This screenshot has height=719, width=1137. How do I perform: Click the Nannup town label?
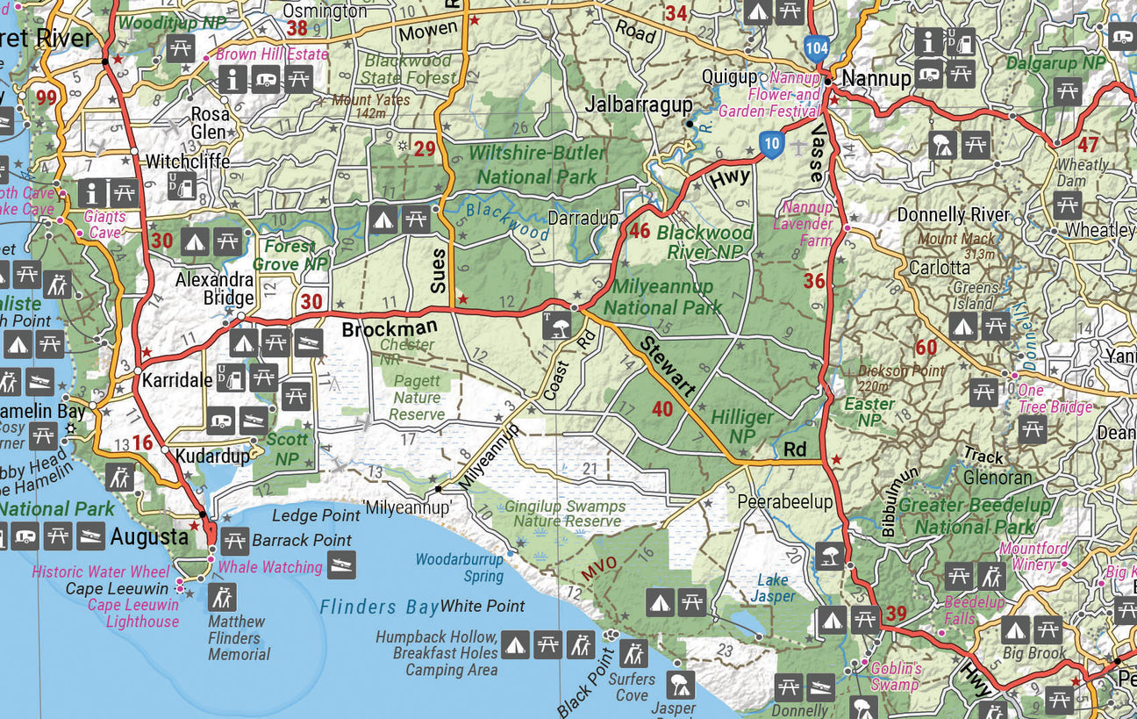coord(876,79)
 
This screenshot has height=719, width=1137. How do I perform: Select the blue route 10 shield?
coord(771,145)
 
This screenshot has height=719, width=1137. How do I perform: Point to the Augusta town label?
coord(148,536)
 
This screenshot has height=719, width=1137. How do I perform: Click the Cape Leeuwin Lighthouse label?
coord(133,613)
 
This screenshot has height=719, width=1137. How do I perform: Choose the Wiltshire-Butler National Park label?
coord(537,164)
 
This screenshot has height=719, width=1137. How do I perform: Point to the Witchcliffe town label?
coord(188,162)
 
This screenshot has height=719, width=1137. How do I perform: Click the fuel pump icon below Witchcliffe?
coord(181,186)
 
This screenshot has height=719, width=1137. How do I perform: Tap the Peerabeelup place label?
coord(784,502)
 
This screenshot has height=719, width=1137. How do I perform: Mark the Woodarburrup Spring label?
coord(460,567)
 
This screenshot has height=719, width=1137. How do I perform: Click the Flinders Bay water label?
coord(378,607)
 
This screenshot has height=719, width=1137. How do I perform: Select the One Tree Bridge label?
coord(1055,399)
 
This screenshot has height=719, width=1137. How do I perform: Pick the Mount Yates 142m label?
coord(370,106)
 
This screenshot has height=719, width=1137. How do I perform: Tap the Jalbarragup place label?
coord(639,104)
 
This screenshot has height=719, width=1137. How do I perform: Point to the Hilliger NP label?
coord(742,426)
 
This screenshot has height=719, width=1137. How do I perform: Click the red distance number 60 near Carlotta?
coord(926,348)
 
